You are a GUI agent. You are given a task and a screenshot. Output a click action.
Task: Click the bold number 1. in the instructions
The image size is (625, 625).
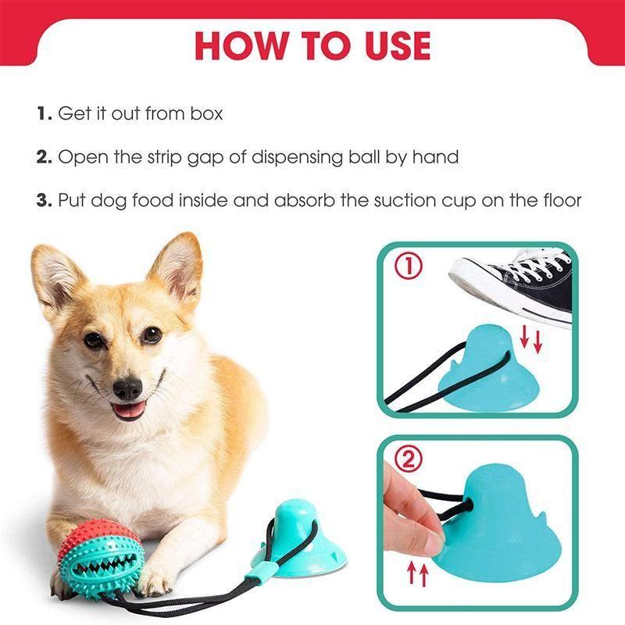tap(45, 113)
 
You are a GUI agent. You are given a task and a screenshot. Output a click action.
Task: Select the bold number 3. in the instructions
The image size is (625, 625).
tap(45, 200)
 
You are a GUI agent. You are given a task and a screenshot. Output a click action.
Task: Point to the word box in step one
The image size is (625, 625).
tap(206, 113)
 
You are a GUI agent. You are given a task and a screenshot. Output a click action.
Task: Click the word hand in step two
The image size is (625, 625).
tap(435, 157)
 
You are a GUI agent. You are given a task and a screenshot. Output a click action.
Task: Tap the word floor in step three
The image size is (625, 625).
tap(562, 200)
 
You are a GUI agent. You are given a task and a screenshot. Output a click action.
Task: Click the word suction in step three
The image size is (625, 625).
tap(404, 200)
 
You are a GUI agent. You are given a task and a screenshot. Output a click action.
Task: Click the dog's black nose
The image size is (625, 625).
tap(127, 388)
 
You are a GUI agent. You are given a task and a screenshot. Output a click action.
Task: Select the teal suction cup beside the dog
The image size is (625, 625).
tap(298, 538)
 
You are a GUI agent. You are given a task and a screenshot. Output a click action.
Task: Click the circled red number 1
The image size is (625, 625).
tap(409, 266)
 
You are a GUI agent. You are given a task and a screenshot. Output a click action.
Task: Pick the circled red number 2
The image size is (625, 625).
tap(409, 459)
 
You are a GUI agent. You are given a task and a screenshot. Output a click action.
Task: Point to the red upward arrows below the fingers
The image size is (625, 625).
tap(418, 574)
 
